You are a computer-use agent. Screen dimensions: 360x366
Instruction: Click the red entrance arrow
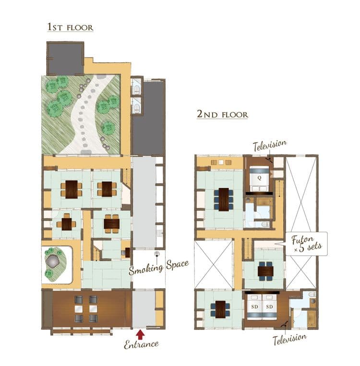[x=140, y=334]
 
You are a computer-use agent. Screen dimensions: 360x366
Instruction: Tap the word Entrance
[x=141, y=344]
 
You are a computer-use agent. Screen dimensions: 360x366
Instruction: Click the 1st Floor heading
[x=70, y=27]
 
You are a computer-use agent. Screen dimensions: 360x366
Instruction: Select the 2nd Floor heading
[x=222, y=114]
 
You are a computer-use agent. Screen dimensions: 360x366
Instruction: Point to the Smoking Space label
[x=158, y=267]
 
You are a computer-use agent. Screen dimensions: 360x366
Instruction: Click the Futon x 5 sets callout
[x=307, y=244]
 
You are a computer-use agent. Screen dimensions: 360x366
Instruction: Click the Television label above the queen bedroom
[x=270, y=145]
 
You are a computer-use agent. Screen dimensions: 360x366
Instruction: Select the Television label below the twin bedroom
[x=290, y=340]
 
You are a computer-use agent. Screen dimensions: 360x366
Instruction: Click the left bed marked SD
[x=254, y=307]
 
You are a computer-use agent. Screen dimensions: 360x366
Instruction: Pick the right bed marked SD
[x=270, y=307]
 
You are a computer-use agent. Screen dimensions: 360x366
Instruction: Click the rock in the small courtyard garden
[x=53, y=261]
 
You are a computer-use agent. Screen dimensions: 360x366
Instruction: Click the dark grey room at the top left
[x=65, y=59]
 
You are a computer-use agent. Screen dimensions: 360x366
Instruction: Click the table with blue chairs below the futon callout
[x=265, y=271]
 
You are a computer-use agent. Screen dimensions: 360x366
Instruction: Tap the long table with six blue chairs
[x=224, y=200]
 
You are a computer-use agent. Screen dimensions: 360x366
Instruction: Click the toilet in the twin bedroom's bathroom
[x=312, y=294]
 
